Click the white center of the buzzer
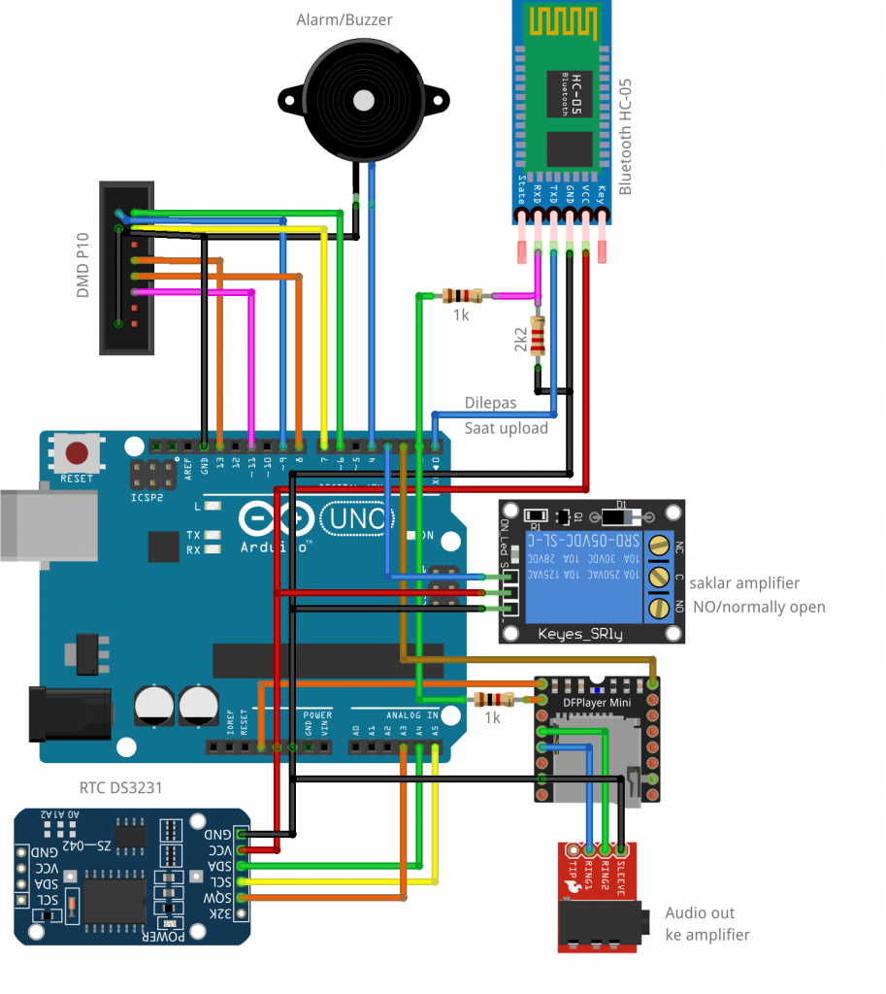[x=364, y=100]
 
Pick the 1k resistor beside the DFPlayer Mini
[x=494, y=699]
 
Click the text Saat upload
[x=506, y=428]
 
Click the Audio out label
[x=700, y=912]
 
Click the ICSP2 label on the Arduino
[x=147, y=498]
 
